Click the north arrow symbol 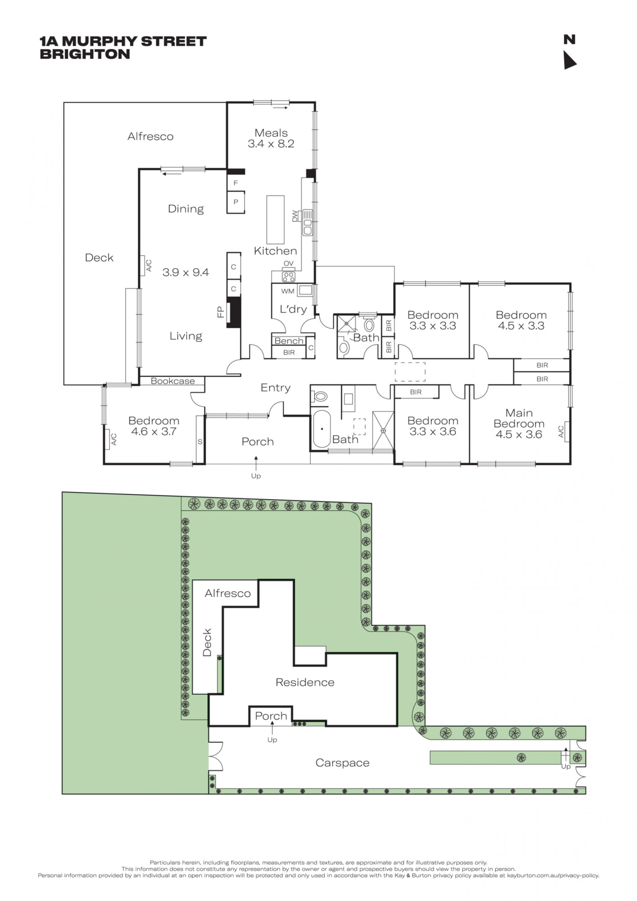569,60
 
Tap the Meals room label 271,133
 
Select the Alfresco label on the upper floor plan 150,137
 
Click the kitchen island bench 275,220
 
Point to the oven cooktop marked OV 288,276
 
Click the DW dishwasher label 295,216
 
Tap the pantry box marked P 236,202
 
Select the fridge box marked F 236,182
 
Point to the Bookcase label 173,381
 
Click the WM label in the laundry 288,291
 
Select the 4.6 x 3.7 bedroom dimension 154,432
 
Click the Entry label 276,388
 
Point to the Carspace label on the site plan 342,763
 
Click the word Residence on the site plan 305,682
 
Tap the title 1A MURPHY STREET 123,41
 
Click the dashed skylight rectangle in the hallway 410,372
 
